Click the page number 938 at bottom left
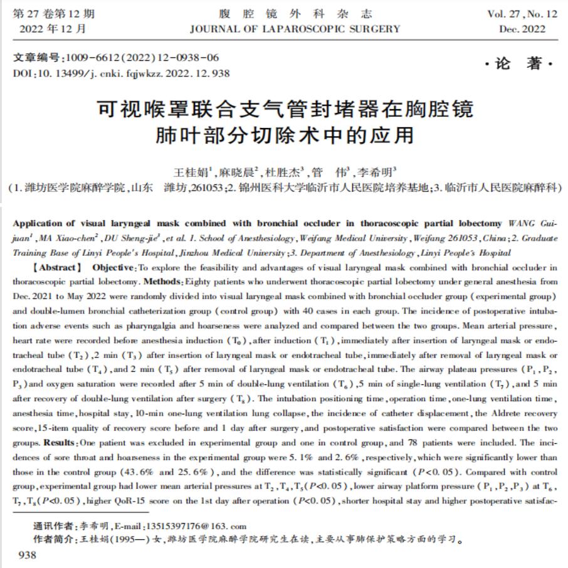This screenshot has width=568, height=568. (x=28, y=555)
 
